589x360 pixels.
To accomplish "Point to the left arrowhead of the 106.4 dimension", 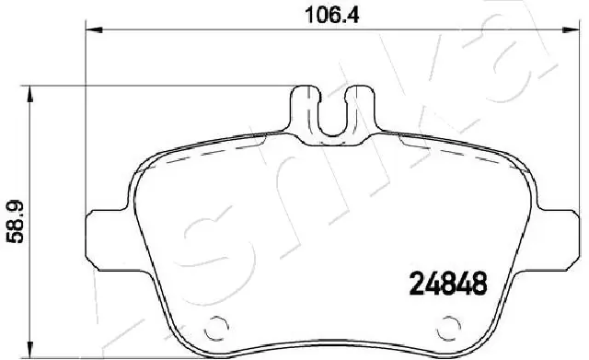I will click(91, 30).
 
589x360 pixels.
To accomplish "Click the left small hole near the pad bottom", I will click(217, 324).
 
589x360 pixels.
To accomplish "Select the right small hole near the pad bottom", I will click(450, 324).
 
